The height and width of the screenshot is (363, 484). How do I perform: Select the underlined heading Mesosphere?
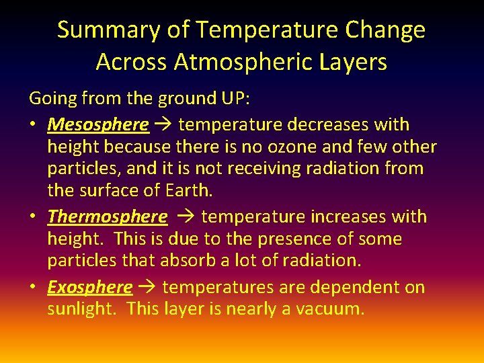click(x=98, y=125)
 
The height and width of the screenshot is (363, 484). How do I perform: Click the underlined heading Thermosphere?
click(x=107, y=216)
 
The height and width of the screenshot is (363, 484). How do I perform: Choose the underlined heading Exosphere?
click(x=89, y=288)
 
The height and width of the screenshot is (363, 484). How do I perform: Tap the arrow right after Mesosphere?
click(x=163, y=125)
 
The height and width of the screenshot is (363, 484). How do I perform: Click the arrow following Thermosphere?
click(x=184, y=216)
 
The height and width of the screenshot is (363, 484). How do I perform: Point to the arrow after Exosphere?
click(x=147, y=288)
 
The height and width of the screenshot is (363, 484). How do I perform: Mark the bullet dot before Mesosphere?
click(x=34, y=125)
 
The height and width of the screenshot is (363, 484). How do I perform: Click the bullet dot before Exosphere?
click(x=34, y=288)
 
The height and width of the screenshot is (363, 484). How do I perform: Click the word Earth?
click(x=189, y=191)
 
